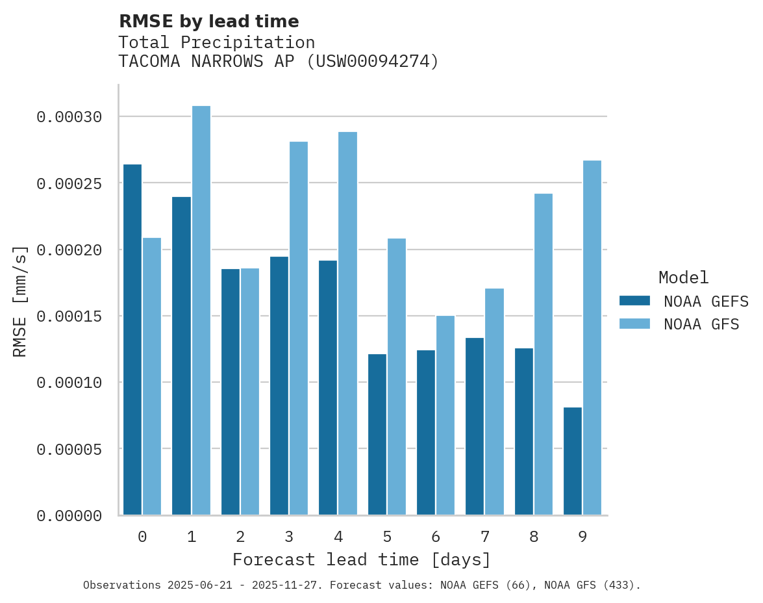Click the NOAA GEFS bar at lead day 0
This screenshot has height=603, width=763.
click(x=132, y=339)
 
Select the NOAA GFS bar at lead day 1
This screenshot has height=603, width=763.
click(x=201, y=310)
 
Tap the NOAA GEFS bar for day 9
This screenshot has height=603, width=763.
click(x=573, y=461)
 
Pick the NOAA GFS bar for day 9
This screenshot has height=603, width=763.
click(x=592, y=337)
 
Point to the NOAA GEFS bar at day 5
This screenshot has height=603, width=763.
click(x=377, y=434)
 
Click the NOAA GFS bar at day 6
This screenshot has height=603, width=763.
click(x=445, y=415)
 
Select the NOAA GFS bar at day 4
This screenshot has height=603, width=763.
click(x=348, y=323)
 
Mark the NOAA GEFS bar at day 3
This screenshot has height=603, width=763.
click(x=279, y=385)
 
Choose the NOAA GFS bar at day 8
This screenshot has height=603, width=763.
click(x=544, y=354)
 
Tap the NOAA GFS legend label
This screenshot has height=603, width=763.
click(x=701, y=324)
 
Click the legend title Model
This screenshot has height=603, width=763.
click(x=683, y=277)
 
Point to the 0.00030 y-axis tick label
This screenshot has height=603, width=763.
click(x=69, y=117)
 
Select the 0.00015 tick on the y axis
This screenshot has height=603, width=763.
click(x=69, y=316)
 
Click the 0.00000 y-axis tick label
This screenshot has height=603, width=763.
click(x=69, y=516)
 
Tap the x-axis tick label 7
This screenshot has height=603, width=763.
click(x=484, y=537)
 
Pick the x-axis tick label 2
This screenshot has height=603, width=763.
click(x=240, y=537)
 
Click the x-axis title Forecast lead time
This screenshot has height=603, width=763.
click(x=362, y=559)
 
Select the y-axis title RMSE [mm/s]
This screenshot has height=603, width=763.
click(x=20, y=301)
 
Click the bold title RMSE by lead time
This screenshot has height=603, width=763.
click(x=209, y=21)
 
